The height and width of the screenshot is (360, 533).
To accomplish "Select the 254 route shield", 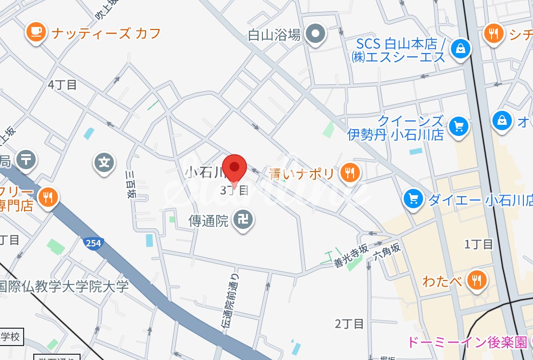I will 93,243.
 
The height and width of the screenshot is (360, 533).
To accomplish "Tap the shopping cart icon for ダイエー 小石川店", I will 413,198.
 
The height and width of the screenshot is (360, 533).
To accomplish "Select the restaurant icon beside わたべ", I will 477,280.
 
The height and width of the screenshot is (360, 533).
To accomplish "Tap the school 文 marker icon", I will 104,163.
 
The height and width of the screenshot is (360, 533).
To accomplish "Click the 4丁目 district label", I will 62,85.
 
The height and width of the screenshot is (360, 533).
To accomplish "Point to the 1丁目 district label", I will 478,244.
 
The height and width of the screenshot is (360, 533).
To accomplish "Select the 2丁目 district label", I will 349,324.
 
